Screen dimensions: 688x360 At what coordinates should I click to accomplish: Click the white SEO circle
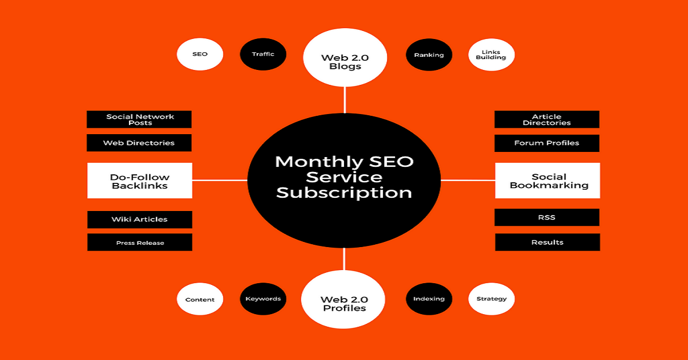click(200, 54)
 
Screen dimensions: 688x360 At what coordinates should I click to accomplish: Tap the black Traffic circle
click(263, 54)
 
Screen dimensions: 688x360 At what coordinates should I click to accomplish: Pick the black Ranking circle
click(429, 55)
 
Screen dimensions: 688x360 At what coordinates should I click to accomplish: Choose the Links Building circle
click(491, 55)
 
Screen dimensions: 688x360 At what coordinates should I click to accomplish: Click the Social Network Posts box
click(139, 119)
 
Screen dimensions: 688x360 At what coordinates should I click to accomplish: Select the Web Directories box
click(139, 143)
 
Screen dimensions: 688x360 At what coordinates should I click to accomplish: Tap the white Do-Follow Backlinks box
click(140, 181)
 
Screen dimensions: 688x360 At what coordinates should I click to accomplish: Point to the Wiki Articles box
click(140, 220)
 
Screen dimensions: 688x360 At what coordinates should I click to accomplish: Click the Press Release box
click(140, 242)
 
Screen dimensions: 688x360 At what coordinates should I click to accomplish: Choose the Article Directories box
click(547, 119)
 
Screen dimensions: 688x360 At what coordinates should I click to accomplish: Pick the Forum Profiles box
click(547, 143)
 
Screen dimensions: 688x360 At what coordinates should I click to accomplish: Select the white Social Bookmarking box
click(548, 181)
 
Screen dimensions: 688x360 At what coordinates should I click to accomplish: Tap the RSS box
click(547, 217)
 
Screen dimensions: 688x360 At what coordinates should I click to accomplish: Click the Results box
click(548, 242)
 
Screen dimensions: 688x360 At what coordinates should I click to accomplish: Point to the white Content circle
click(200, 299)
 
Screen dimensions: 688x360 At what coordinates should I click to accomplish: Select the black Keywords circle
click(263, 299)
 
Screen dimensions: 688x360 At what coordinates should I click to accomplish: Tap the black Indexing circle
click(429, 299)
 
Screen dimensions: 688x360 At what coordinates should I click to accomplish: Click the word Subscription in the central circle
click(344, 193)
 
